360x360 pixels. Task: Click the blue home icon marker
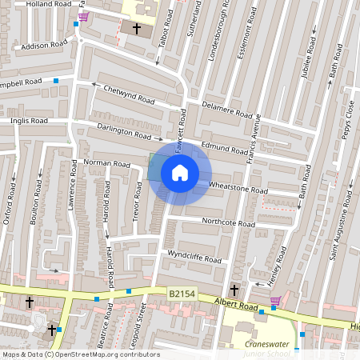coord(180,172)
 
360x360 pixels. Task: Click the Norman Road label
coord(106,163)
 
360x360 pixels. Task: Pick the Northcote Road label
coord(228,222)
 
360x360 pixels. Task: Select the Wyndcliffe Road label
coord(194,257)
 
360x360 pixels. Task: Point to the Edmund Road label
coord(225,148)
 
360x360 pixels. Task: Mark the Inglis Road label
coord(30,121)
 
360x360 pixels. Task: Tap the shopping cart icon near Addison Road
coord(83,16)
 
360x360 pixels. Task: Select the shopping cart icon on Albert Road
coord(275,301)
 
